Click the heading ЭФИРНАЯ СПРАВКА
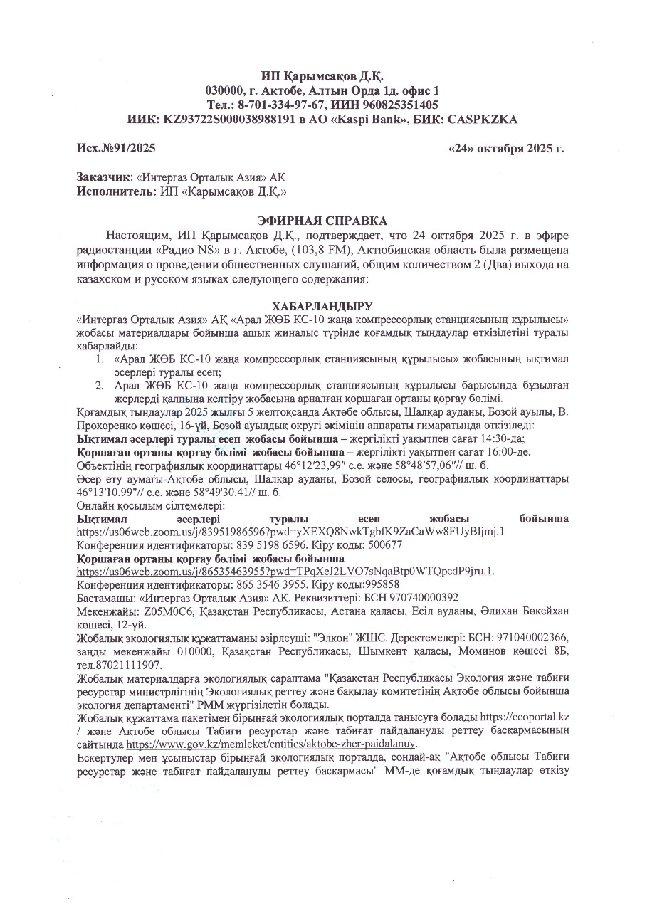pyautogui.click(x=323, y=221)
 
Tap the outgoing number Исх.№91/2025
pyautogui.click(x=116, y=148)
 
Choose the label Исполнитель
pyautogui.click(x=112, y=191)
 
